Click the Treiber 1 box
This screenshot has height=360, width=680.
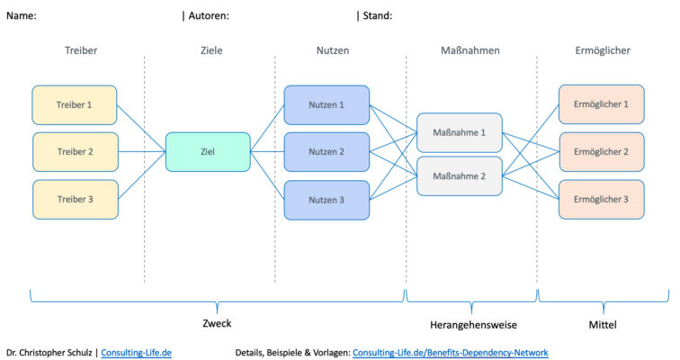[x=76, y=104]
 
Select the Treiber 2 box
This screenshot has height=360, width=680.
[x=76, y=151]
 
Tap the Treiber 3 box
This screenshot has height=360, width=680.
[x=76, y=199]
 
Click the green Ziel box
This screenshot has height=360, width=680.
[x=208, y=151]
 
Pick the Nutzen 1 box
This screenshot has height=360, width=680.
[x=327, y=104]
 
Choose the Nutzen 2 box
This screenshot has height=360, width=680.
[x=327, y=151]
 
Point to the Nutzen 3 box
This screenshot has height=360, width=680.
[x=327, y=199]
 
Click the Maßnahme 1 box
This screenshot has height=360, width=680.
[x=459, y=132]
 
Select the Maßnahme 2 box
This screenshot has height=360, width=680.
[x=459, y=175]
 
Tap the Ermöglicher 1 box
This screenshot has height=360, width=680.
[x=601, y=104]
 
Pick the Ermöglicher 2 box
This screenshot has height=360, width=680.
[x=601, y=151]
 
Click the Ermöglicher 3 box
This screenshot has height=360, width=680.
[x=601, y=199]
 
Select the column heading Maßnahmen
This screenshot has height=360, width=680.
[x=471, y=51]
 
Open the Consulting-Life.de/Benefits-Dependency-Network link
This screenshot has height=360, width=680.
[x=450, y=352]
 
